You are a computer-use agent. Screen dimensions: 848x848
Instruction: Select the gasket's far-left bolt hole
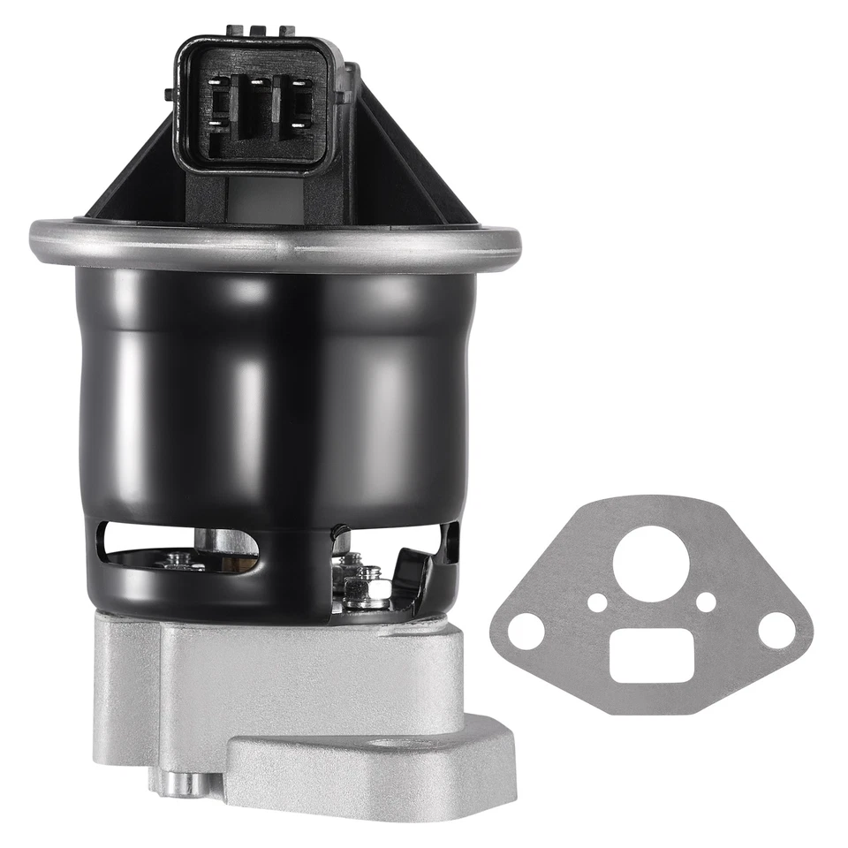click(527, 631)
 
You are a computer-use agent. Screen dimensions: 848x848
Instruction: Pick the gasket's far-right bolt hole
click(776, 629)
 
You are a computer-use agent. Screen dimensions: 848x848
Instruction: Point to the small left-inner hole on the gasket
click(597, 602)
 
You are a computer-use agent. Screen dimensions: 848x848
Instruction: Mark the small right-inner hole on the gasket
click(705, 602)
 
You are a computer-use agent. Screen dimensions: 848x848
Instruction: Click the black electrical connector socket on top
click(256, 106)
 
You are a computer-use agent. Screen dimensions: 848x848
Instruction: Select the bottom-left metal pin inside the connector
click(214, 125)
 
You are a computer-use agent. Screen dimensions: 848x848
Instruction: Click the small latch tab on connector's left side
click(169, 94)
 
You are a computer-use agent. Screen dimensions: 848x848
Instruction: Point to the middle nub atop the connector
click(260, 31)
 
